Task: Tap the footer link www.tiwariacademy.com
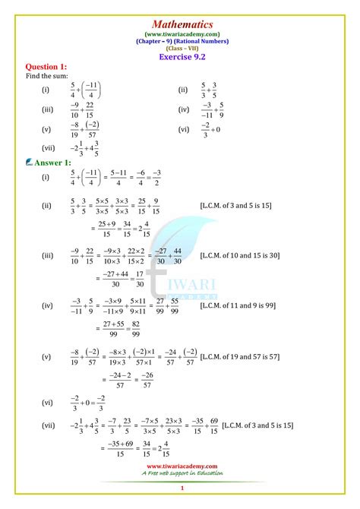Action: [x=182, y=466]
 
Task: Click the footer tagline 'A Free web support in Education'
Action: [x=182, y=474]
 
